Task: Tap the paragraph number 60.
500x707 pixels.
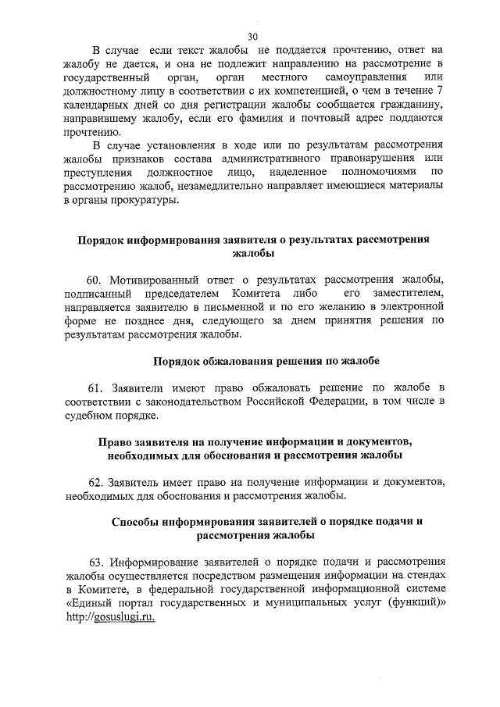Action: pos(95,280)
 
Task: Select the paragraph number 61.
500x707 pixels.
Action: pos(95,388)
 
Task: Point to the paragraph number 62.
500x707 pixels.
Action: pos(95,480)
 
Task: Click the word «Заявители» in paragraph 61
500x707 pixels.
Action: pos(139,388)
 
